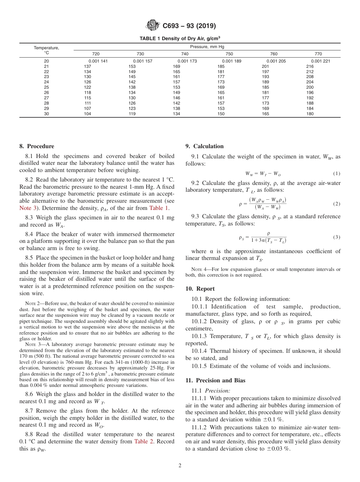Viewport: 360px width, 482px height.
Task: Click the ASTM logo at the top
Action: point(153,26)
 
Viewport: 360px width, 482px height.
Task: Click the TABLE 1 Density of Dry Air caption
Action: point(180,38)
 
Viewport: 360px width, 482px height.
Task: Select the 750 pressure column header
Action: point(229,54)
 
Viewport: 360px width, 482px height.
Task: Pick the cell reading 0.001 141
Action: point(98,61)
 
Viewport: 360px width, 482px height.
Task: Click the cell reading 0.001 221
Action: point(320,61)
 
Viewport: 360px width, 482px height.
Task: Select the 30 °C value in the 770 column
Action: point(310,114)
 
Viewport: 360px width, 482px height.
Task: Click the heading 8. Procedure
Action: point(37,146)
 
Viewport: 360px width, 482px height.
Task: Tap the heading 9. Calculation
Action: point(204,146)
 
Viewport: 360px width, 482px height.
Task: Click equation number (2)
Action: point(337,204)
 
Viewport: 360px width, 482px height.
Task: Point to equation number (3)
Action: point(337,237)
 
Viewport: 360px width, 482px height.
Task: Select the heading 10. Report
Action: point(200,289)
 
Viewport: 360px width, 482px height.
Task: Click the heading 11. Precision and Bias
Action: point(215,380)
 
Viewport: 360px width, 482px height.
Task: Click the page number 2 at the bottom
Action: point(180,466)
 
